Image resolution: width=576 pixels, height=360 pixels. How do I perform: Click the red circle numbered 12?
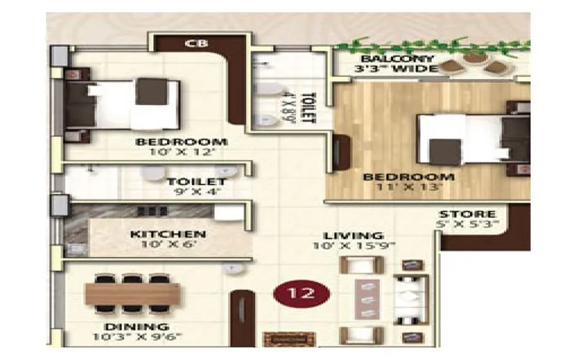click(x=302, y=294)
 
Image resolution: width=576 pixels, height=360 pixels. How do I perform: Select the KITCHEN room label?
click(x=168, y=234)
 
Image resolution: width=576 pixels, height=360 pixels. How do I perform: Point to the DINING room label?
click(x=132, y=325)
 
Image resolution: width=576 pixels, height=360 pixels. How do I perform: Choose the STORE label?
click(x=467, y=214)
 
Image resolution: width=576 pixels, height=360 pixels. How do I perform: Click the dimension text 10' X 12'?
click(x=181, y=153)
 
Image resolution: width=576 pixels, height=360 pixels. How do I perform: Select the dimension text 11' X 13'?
click(x=408, y=186)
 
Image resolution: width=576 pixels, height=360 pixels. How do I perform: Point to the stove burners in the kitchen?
click(x=153, y=211)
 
